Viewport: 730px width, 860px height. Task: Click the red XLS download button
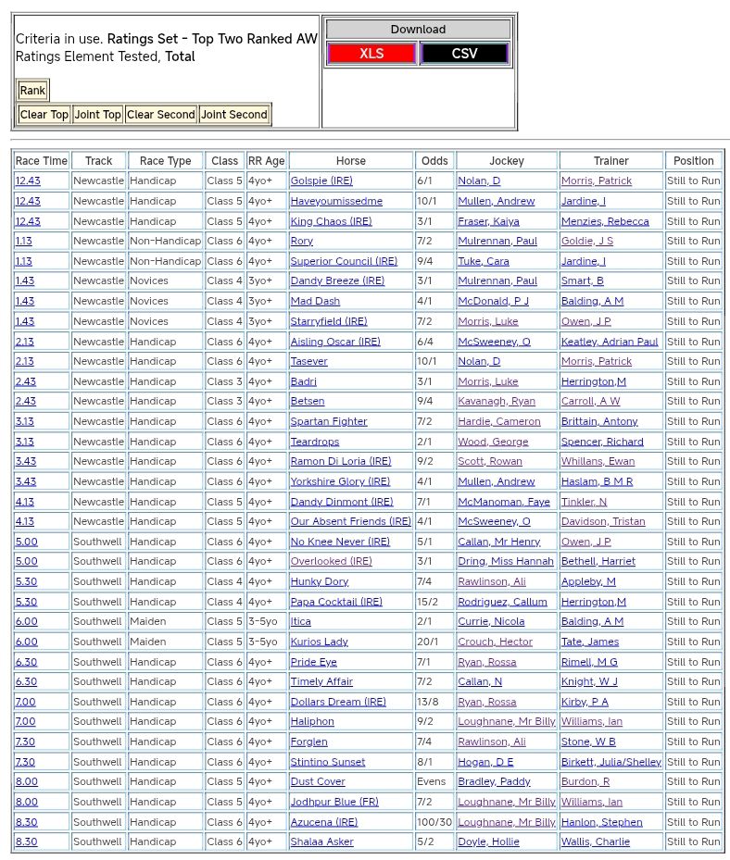[371, 54]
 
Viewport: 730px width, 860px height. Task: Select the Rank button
[32, 91]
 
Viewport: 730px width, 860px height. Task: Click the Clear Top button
[44, 115]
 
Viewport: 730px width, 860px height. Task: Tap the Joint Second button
[234, 115]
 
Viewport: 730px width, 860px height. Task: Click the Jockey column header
[506, 161]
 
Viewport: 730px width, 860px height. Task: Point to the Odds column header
[434, 161]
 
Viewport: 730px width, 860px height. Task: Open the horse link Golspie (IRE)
[321, 181]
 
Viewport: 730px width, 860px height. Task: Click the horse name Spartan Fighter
[329, 422]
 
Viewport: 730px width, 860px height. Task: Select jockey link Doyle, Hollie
[488, 842]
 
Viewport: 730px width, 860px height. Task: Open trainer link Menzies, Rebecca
[605, 221]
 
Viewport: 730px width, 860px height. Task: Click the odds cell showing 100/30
[434, 822]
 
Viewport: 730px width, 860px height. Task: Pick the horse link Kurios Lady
[320, 642]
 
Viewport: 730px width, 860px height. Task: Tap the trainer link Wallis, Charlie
[595, 842]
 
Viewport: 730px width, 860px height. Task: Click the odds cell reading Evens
[432, 782]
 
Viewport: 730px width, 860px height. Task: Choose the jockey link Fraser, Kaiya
[488, 221]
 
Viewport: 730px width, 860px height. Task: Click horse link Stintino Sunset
[328, 762]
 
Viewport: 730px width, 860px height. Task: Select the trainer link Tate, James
[589, 642]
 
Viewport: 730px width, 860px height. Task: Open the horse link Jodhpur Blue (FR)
[334, 802]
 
